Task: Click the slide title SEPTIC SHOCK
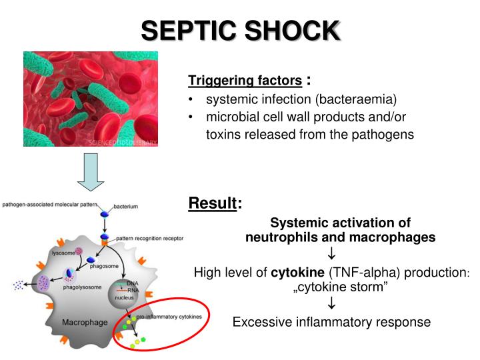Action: click(x=240, y=30)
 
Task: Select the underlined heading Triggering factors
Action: click(x=245, y=81)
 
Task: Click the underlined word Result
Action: click(x=213, y=203)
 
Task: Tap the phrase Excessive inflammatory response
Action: click(x=331, y=322)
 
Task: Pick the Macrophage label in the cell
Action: click(x=85, y=323)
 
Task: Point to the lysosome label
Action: click(x=65, y=253)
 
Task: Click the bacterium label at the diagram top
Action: click(x=125, y=207)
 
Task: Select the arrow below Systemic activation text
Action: click(x=331, y=254)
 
